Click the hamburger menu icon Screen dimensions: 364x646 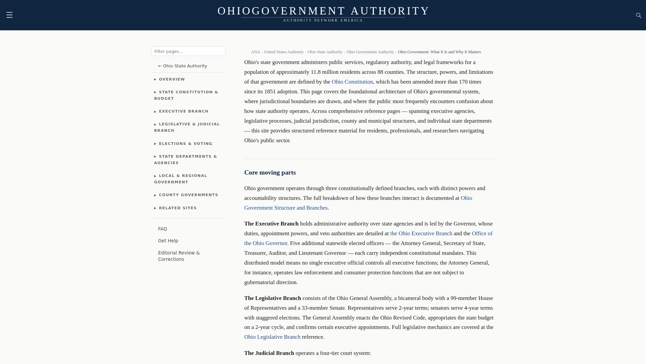[9, 15]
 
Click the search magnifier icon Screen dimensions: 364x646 [639, 16]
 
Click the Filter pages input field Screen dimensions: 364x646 [188, 51]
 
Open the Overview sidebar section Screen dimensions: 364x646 [172, 79]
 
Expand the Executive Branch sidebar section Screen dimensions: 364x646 [183, 111]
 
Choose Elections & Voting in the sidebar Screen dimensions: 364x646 [185, 144]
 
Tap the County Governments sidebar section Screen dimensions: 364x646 [188, 195]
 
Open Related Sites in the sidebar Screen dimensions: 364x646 [178, 208]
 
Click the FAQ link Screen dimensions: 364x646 [163, 229]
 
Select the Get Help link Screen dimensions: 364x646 [168, 241]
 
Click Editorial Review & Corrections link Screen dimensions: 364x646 [179, 256]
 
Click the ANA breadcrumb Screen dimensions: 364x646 [255, 52]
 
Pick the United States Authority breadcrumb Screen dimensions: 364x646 [283, 52]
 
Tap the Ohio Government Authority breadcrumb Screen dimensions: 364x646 [370, 52]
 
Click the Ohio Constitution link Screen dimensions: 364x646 [352, 82]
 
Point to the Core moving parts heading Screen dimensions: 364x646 [270, 173]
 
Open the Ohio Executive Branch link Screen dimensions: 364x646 [421, 234]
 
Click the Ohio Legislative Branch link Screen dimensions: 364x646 [272, 337]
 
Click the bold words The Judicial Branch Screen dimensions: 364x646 [269, 353]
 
